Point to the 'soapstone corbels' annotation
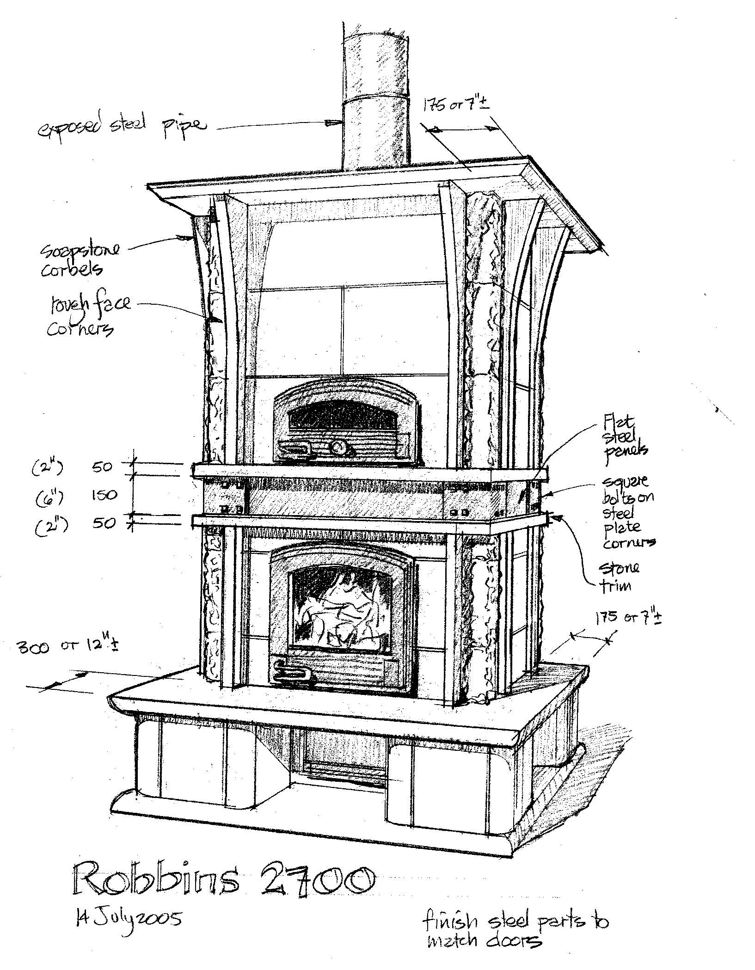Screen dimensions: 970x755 click(x=80, y=259)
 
